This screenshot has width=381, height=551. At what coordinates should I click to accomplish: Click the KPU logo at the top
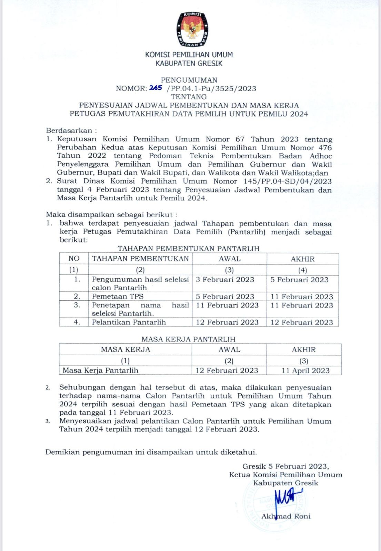[192, 30]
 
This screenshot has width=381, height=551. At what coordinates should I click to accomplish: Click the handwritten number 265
[156, 88]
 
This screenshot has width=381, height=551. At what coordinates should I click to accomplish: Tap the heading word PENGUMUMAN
[189, 80]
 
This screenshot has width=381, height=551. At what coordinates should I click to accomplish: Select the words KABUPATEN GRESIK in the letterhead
[189, 63]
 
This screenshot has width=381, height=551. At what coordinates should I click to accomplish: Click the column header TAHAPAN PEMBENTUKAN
[140, 259]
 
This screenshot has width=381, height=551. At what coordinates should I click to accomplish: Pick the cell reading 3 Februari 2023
[225, 280]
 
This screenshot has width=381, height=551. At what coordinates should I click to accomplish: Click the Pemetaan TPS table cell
[118, 297]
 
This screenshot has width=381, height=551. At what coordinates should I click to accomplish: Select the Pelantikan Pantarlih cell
[129, 322]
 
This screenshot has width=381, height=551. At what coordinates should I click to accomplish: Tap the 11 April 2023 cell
[305, 371]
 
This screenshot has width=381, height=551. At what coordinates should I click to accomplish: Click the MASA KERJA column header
[126, 350]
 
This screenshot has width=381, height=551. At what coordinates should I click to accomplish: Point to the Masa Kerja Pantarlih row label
[101, 371]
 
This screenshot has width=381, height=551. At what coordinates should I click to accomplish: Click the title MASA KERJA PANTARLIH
[188, 339]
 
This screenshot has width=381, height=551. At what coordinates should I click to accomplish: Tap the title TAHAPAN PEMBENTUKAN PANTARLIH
[188, 249]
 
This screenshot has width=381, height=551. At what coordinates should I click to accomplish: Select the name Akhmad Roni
[286, 516]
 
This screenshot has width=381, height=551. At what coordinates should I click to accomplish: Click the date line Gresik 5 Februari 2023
[285, 466]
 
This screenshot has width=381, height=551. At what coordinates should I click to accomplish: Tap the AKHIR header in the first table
[303, 259]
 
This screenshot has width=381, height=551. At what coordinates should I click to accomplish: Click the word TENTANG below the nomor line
[189, 97]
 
